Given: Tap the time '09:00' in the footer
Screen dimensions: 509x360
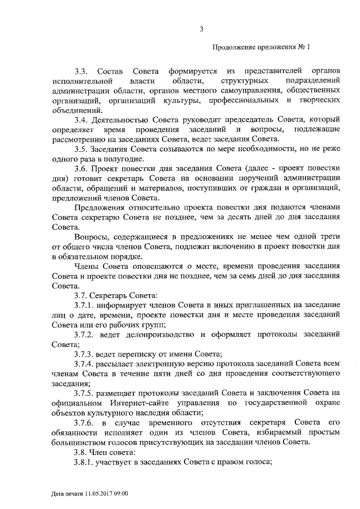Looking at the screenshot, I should [x=119, y=493].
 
